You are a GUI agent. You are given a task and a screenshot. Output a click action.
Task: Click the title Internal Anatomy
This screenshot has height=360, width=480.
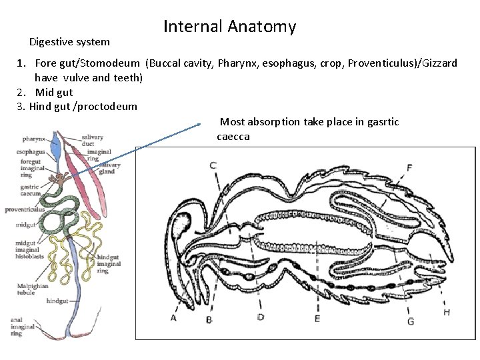[229, 27]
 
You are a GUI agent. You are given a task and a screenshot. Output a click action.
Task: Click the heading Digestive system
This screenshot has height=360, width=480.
[69, 42]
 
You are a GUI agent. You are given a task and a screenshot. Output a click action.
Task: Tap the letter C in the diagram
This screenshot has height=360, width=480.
[213, 165]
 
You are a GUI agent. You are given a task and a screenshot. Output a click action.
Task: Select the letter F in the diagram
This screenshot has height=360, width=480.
[409, 167]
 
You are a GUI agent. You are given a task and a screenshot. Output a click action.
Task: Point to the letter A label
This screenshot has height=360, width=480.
[174, 318]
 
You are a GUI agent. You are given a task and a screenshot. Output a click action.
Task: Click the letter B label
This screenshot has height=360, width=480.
[209, 320]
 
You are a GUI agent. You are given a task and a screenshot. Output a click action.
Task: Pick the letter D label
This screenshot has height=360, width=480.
[261, 317]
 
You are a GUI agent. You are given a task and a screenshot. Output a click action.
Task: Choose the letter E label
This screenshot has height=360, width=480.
[317, 319]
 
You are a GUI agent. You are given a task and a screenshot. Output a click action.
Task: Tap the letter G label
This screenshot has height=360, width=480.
[411, 321]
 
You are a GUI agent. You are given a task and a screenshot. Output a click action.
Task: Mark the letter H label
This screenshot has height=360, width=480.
[446, 313]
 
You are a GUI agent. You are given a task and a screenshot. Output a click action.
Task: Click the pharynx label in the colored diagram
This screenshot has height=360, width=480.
[33, 139]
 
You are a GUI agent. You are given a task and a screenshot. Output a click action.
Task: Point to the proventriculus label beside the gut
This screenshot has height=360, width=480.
[24, 209]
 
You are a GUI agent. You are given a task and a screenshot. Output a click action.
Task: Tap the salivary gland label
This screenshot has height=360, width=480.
[110, 168]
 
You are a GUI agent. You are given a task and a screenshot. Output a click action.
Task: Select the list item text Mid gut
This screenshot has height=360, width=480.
[54, 93]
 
